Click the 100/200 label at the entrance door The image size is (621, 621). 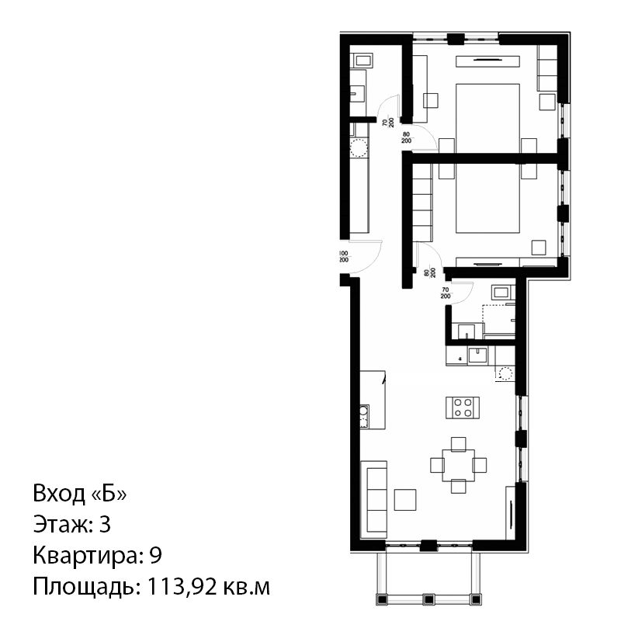tap(344, 257)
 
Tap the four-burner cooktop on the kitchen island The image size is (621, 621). tap(463, 408)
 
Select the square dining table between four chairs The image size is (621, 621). tap(458, 465)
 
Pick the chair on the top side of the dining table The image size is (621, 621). tap(458, 444)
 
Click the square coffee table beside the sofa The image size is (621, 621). tap(404, 500)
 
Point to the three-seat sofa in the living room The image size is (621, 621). tap(374, 500)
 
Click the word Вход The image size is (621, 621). tap(59, 494)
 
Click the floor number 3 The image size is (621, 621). tap(105, 525)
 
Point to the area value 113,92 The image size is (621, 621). tap(182, 587)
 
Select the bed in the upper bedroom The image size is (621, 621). tap(488, 118)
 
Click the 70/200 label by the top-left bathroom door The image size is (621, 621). tap(388, 122)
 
